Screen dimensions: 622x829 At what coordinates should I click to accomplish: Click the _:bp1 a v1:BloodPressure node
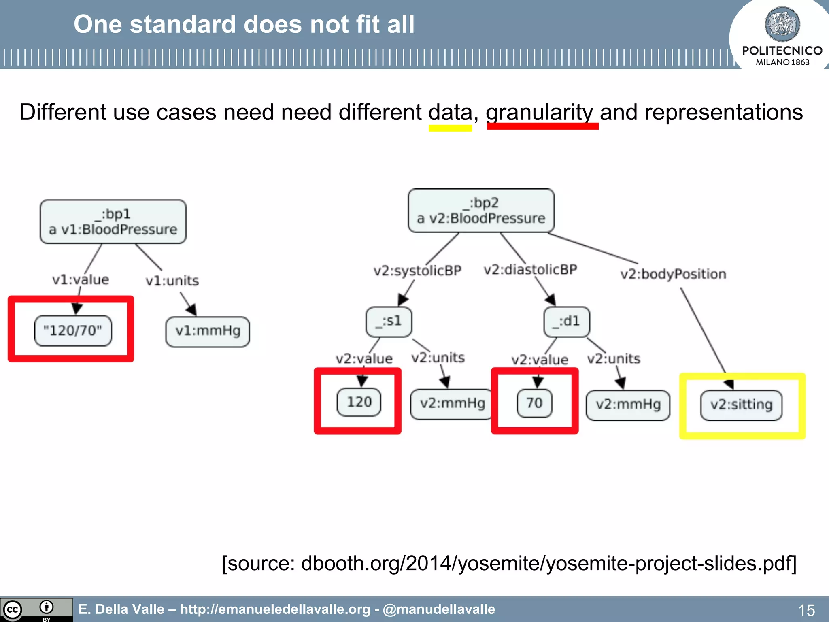pyautogui.click(x=113, y=222)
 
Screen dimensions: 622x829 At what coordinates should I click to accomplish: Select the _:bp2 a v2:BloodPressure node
pyautogui.click(x=481, y=211)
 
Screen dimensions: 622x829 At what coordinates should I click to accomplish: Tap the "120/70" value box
pyautogui.click(x=73, y=330)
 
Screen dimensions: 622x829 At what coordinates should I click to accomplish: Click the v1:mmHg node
pyautogui.click(x=208, y=331)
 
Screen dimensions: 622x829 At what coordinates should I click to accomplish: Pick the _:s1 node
pyautogui.click(x=389, y=322)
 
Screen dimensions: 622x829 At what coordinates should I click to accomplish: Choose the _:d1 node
pyautogui.click(x=566, y=322)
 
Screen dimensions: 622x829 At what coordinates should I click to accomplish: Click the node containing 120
pyautogui.click(x=359, y=402)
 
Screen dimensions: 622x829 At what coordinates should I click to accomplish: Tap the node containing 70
pyautogui.click(x=534, y=403)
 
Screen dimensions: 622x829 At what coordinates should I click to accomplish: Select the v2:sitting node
pyautogui.click(x=741, y=405)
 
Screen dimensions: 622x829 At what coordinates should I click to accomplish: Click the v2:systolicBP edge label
pyautogui.click(x=417, y=271)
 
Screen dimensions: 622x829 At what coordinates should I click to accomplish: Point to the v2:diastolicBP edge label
pyautogui.click(x=530, y=269)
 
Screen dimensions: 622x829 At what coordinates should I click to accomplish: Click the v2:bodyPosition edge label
pyautogui.click(x=673, y=274)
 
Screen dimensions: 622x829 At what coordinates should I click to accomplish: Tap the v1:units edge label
pyautogui.click(x=172, y=281)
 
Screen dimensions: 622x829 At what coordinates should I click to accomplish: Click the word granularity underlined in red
pyautogui.click(x=539, y=112)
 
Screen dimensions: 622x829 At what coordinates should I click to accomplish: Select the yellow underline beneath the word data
pyautogui.click(x=450, y=128)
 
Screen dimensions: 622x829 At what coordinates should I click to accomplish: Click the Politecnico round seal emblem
pyautogui.click(x=782, y=24)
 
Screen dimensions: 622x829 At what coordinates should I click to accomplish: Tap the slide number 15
pyautogui.click(x=806, y=610)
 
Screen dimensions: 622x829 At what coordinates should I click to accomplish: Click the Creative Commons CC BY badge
pyautogui.click(x=36, y=609)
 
